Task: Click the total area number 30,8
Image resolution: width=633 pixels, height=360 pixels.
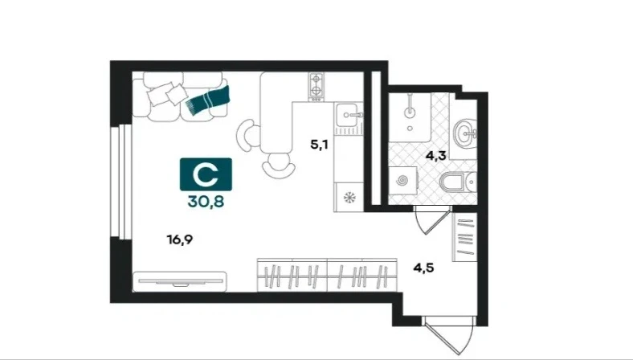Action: click(206, 201)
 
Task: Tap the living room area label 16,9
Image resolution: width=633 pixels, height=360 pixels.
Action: click(180, 240)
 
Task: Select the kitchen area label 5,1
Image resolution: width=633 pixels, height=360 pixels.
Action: click(319, 145)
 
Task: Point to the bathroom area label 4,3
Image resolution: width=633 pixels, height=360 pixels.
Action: click(435, 156)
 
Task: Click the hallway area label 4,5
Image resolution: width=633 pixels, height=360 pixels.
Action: click(423, 268)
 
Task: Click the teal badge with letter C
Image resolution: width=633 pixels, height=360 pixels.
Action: click(206, 174)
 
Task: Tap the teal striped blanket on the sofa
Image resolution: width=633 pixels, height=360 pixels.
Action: click(208, 100)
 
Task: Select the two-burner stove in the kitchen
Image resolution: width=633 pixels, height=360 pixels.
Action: click(316, 87)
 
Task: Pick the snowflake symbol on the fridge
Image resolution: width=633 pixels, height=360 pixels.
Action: click(349, 198)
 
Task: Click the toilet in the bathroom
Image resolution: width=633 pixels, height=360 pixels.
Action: click(457, 182)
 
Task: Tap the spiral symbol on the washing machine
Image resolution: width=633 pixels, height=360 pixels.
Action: click(402, 181)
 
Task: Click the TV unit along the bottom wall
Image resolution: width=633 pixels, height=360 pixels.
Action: click(179, 281)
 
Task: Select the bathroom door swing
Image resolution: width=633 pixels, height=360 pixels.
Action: click(432, 219)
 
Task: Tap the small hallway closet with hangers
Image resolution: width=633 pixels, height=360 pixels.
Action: click(464, 237)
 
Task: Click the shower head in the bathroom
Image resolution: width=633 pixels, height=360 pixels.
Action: click(410, 112)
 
